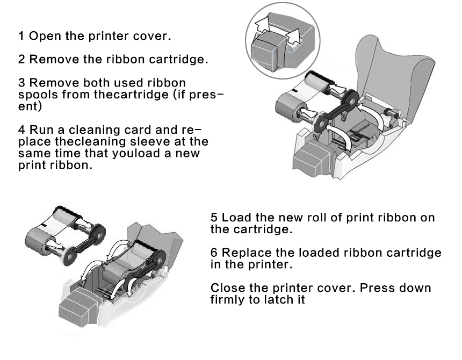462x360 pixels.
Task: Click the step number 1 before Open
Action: pos(21,37)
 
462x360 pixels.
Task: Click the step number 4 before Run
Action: pos(21,130)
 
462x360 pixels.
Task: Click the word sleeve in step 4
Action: pos(157,142)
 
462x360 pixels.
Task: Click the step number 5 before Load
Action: pos(214,218)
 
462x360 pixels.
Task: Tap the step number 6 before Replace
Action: pos(214,253)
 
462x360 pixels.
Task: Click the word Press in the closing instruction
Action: pos(377,288)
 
